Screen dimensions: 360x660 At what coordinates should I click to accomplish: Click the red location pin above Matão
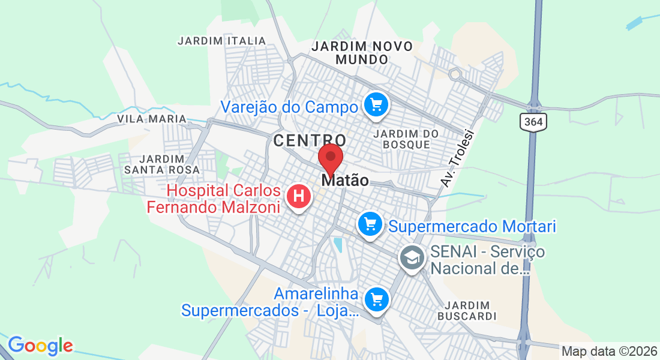[330, 158]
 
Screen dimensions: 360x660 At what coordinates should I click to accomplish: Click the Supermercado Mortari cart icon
[370, 225]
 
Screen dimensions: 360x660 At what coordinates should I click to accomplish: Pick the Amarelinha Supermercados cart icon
[376, 298]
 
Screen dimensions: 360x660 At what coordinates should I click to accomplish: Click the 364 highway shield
[532, 122]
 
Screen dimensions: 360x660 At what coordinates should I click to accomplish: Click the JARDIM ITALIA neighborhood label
[221, 41]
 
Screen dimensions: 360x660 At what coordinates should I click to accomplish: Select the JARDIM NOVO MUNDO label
[362, 53]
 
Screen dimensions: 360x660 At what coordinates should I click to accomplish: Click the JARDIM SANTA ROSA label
[161, 164]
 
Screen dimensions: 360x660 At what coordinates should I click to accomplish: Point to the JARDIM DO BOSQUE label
[406, 139]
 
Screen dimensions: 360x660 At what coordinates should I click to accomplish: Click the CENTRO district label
[310, 141]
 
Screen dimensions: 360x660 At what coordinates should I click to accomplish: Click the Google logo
[40, 346]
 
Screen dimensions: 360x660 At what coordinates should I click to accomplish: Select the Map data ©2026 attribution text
[609, 352]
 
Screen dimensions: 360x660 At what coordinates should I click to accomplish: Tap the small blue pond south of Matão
[338, 245]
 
